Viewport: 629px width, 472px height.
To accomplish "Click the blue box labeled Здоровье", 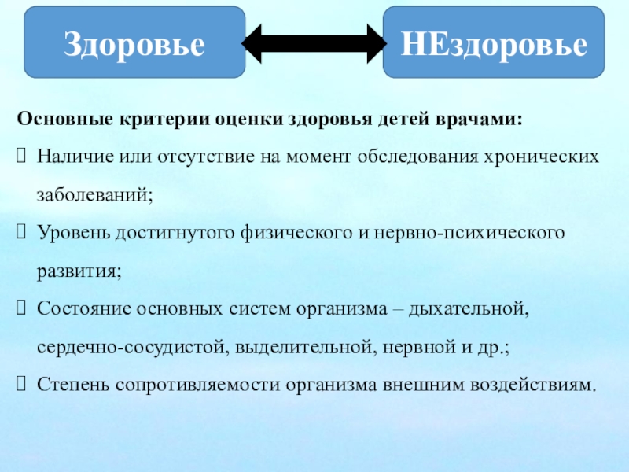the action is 134,43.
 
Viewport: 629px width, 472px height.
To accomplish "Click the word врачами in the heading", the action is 484,120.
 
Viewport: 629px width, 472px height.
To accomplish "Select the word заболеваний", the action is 93,194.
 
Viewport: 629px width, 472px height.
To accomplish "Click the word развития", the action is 77,272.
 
